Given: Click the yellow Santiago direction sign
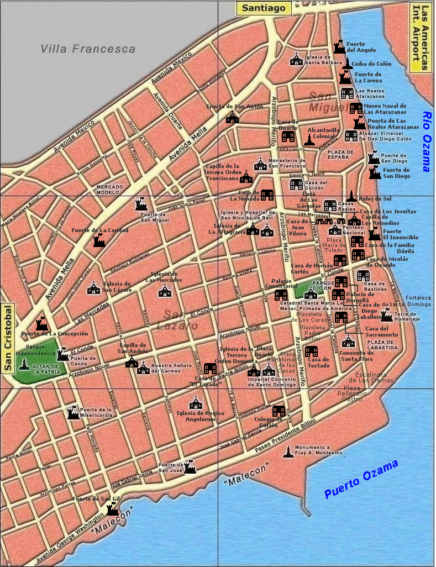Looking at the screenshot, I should point(264,8).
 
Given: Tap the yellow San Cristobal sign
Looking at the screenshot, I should point(8,338).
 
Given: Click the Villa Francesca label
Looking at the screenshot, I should point(88,49).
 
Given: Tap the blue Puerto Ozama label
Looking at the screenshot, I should point(361,479).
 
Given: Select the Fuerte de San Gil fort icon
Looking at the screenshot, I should point(112,509).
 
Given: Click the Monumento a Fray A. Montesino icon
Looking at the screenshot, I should point(287,452).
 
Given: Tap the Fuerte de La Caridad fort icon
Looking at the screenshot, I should point(99,240).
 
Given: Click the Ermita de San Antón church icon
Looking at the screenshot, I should point(233,117).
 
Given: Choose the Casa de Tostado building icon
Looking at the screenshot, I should point(311,351).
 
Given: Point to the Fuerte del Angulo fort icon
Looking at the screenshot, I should point(339,48).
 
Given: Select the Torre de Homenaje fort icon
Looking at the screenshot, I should point(386,315).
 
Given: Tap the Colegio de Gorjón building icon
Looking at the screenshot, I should point(279,411).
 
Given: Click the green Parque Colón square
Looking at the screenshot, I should point(305,290).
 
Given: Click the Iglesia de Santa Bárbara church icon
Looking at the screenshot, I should point(297,60).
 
